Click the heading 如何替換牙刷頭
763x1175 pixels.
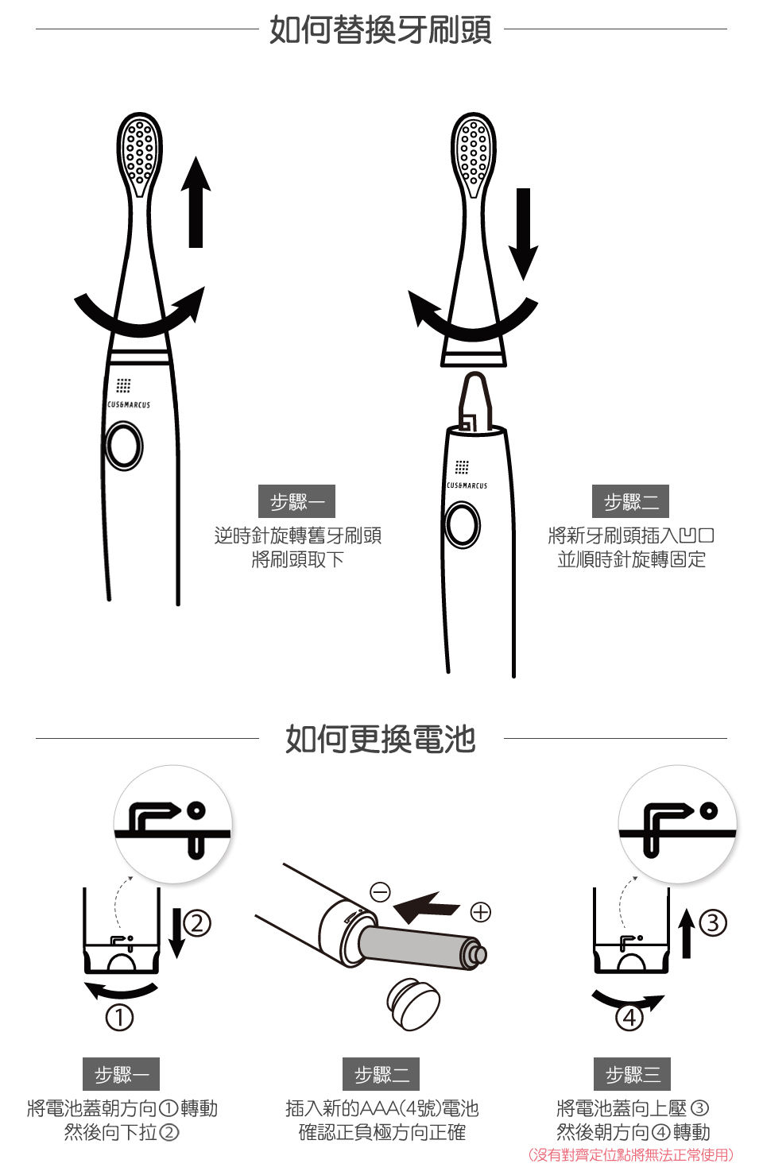click(x=381, y=29)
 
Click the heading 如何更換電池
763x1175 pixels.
click(x=381, y=739)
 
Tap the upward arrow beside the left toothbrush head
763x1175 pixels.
click(x=196, y=202)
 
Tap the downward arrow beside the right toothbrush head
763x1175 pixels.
click(x=523, y=234)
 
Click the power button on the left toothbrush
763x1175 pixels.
click(x=124, y=446)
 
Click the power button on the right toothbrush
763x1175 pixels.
click(x=463, y=525)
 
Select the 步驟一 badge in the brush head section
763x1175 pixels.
click(x=296, y=501)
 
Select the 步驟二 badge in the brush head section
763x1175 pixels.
click(x=630, y=501)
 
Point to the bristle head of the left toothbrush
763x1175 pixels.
click(x=140, y=154)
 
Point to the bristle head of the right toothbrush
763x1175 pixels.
click(x=474, y=154)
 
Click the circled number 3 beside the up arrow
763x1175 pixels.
click(x=713, y=922)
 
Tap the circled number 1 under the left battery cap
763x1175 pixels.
click(x=120, y=1018)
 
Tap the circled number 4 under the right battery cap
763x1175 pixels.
click(x=629, y=1018)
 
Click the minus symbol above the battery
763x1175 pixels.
click(x=380, y=891)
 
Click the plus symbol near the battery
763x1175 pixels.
click(x=481, y=912)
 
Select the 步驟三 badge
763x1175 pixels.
click(x=632, y=1074)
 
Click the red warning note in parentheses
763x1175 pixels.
click(x=631, y=1154)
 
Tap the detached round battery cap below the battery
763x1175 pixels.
click(x=413, y=1003)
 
